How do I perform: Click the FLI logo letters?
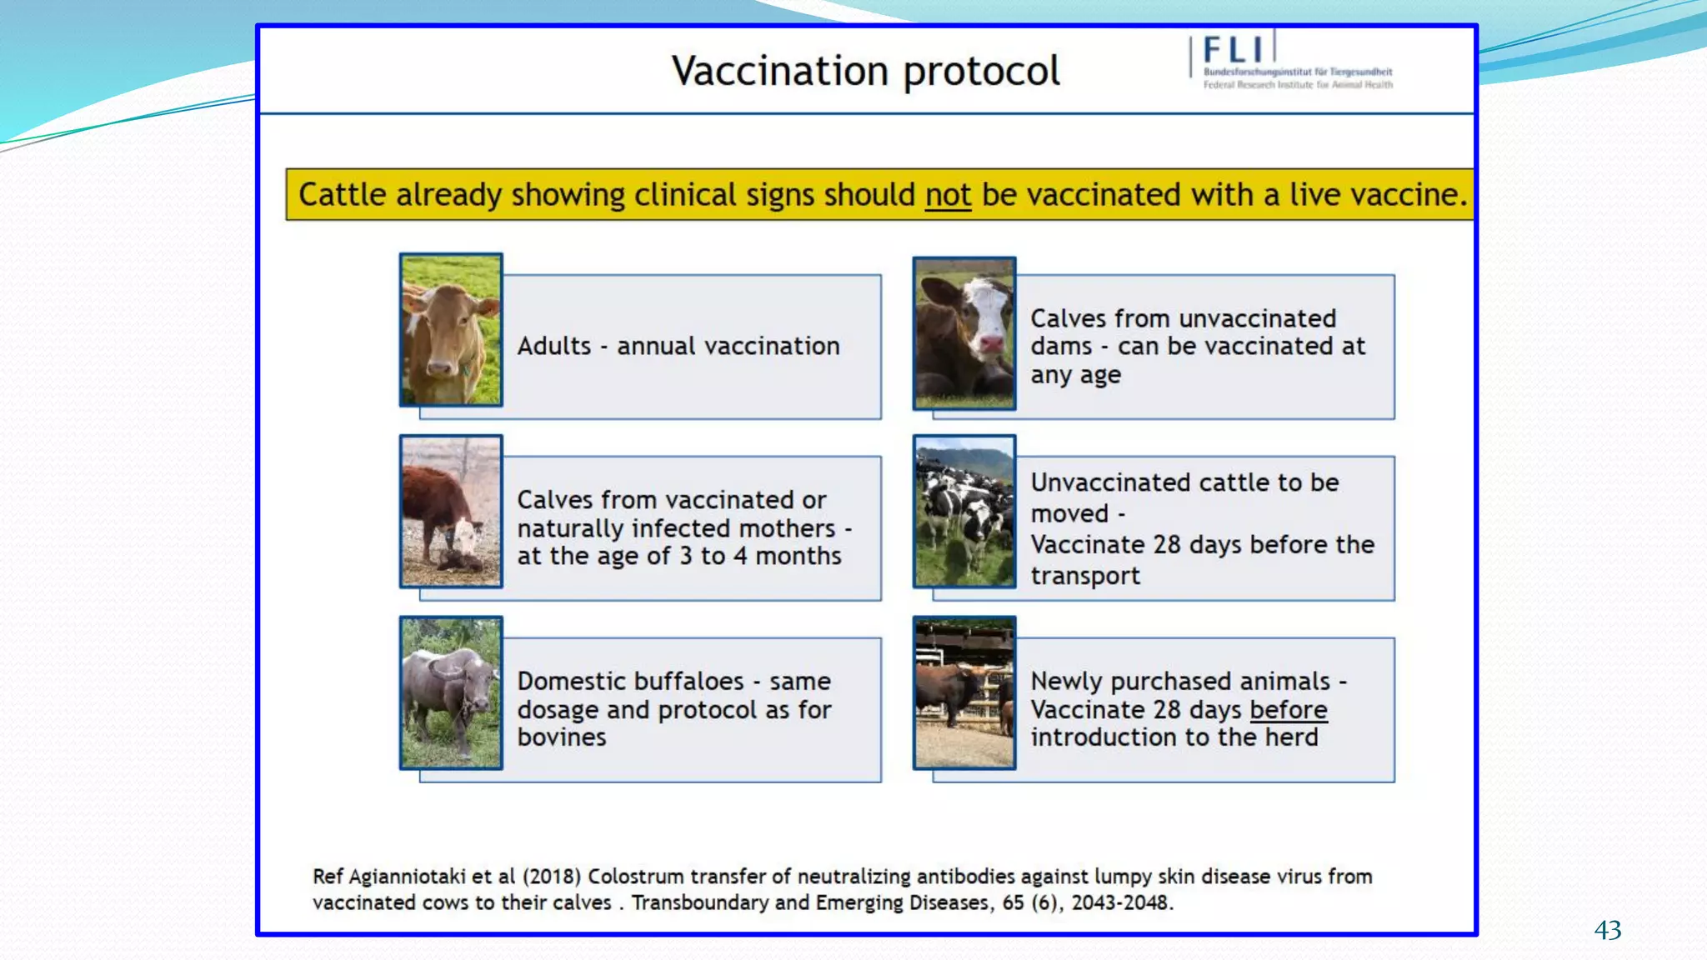point(1234,50)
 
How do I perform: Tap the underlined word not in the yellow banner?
point(948,195)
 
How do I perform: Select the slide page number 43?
point(1607,930)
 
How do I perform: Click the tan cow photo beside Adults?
point(451,330)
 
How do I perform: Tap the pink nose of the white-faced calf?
point(991,343)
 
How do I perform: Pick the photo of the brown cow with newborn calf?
point(451,512)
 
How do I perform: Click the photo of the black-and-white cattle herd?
point(964,512)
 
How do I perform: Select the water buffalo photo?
point(451,692)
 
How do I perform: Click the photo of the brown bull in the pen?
point(964,692)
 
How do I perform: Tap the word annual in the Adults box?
point(655,347)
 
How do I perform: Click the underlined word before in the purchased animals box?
point(1288,710)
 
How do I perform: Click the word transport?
point(1084,577)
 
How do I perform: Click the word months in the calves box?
point(798,556)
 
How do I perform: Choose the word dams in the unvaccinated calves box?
point(1060,347)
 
